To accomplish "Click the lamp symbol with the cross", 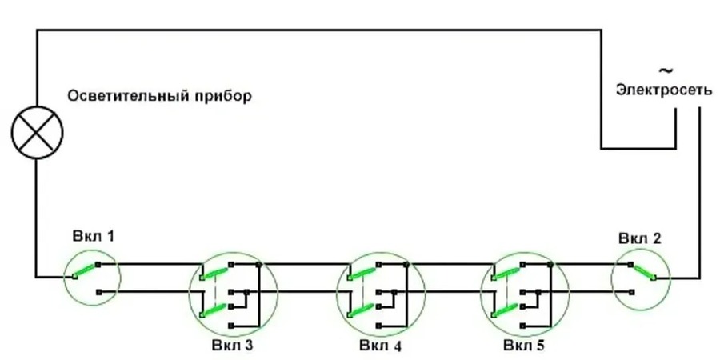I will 37,132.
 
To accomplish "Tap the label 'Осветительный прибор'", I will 159,97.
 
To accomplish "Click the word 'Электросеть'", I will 663,90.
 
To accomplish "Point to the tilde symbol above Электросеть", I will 663,71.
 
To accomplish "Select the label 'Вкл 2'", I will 639,239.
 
